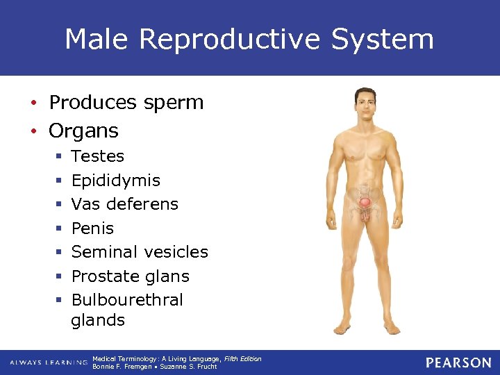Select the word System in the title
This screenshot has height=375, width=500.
point(383,40)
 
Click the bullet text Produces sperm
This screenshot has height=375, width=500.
point(126,103)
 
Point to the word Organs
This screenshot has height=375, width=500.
point(83,131)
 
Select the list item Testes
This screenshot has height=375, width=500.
point(97,156)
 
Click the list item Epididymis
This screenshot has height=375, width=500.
point(115,181)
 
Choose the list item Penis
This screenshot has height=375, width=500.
point(92,228)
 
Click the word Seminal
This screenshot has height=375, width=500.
point(103,252)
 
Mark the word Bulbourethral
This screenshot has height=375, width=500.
point(127,300)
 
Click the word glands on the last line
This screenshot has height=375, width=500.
point(98,320)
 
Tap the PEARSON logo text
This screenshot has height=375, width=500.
point(458,362)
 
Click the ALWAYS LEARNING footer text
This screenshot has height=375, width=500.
point(49,362)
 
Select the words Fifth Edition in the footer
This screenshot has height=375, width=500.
point(242,359)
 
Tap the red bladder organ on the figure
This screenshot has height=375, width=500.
point(365,203)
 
